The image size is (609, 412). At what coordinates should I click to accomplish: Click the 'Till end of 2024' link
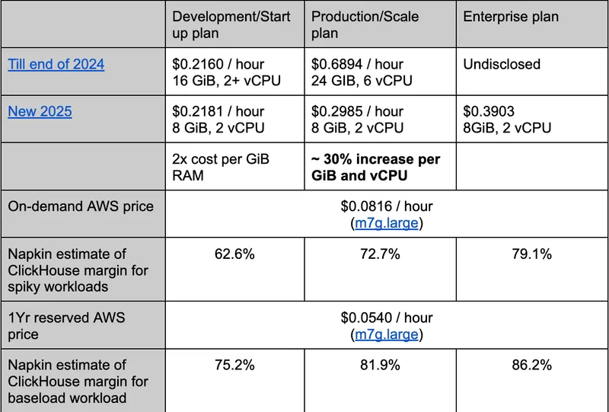[56, 64]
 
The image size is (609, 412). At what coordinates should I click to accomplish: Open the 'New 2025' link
[40, 111]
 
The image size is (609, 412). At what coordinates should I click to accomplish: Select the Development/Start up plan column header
[231, 25]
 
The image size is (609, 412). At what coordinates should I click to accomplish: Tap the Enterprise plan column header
[510, 17]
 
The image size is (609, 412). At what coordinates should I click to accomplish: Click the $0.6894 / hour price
[357, 64]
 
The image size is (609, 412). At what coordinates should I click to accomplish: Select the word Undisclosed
[502, 64]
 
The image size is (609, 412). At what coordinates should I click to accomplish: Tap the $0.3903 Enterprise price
[489, 111]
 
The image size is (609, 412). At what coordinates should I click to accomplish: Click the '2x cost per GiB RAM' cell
[220, 168]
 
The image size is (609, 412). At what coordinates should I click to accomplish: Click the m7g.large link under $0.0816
[386, 223]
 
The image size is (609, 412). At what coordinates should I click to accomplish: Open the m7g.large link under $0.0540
[386, 334]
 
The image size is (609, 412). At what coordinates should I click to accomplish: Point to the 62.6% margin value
[234, 254]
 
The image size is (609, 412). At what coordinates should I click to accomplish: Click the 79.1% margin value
[531, 254]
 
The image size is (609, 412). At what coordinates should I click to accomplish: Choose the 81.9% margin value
[380, 366]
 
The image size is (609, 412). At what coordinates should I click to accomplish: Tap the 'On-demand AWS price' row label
[81, 206]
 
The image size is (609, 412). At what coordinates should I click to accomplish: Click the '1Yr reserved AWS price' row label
[66, 325]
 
